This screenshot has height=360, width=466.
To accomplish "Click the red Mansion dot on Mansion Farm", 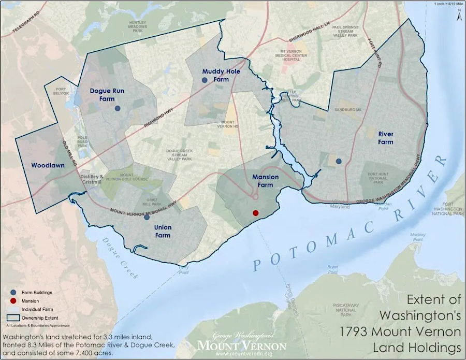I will click(255, 213).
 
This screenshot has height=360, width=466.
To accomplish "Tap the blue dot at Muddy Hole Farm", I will click(205, 80).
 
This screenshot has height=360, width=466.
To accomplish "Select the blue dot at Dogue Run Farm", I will click(118, 108).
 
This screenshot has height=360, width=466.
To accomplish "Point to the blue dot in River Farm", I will click(339, 161).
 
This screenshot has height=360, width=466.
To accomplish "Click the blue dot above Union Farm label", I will click(147, 217).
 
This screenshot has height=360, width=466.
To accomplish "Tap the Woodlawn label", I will click(47, 166).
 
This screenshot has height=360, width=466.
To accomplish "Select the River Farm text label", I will click(385, 137).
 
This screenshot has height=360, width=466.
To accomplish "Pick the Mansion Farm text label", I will click(265, 181).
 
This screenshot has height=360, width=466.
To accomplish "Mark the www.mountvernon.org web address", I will click(242, 354).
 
